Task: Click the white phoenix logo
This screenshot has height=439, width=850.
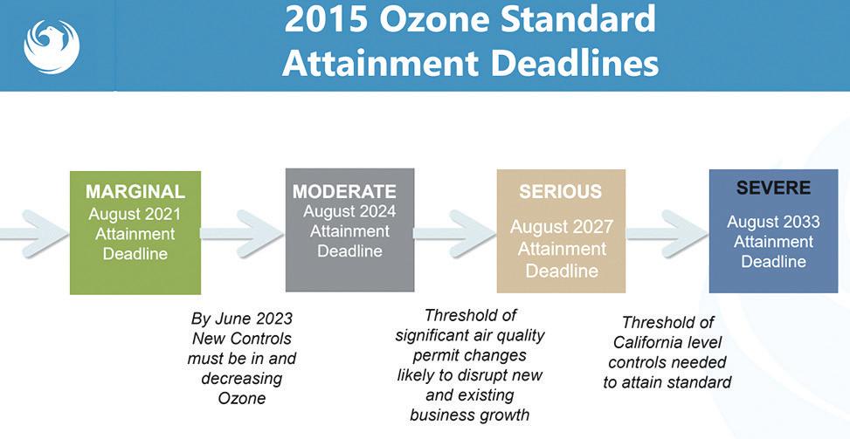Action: (x=52, y=46)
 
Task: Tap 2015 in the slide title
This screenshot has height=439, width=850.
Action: (x=326, y=19)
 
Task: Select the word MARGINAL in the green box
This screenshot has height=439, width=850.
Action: (x=135, y=192)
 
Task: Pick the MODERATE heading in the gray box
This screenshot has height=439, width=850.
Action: (x=344, y=192)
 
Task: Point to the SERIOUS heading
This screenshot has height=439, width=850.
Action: (x=561, y=192)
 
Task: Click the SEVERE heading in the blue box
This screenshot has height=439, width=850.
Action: (x=773, y=189)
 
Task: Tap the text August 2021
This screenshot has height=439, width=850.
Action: (x=135, y=214)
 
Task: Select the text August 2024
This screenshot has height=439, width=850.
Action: (x=349, y=212)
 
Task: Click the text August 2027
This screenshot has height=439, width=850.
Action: (x=562, y=228)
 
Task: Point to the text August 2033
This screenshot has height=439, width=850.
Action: (x=774, y=222)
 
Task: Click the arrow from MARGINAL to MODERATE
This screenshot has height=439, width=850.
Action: (x=243, y=234)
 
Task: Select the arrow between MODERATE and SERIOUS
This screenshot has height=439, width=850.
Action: (x=455, y=234)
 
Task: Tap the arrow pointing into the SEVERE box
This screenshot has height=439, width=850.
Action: (x=667, y=234)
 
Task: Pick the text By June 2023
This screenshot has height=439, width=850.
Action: (x=242, y=319)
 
